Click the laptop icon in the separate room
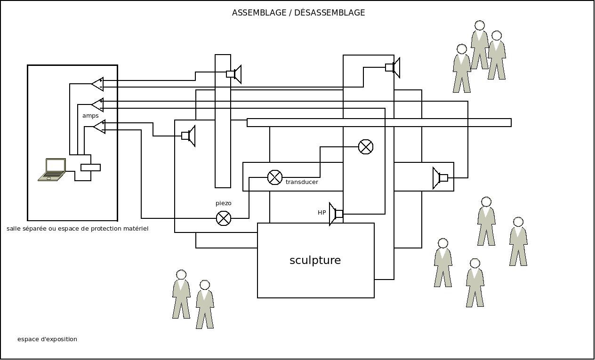pyautogui.click(x=52, y=170)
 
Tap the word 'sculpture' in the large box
pyautogui.click(x=315, y=260)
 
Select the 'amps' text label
pyautogui.click(x=90, y=116)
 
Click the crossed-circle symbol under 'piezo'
pyautogui.click(x=224, y=218)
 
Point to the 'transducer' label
pyautogui.click(x=302, y=182)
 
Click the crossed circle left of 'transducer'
pyautogui.click(x=275, y=177)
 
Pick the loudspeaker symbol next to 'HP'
pyautogui.click(x=336, y=214)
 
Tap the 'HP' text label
pyautogui.click(x=322, y=213)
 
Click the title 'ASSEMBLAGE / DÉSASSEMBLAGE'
pyautogui.click(x=298, y=13)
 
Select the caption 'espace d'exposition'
pyautogui.click(x=47, y=339)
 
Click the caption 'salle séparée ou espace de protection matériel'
pyautogui.click(x=78, y=229)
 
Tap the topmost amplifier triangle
pyautogui.click(x=98, y=84)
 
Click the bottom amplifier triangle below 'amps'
pyautogui.click(x=99, y=127)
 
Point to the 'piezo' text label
pyautogui.click(x=224, y=203)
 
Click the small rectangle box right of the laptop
pyautogui.click(x=90, y=168)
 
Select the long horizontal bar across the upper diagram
pyautogui.click(x=379, y=123)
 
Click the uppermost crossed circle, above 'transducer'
pyautogui.click(x=366, y=147)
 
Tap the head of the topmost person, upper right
pyautogui.click(x=480, y=25)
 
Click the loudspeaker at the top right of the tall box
pyautogui.click(x=393, y=67)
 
